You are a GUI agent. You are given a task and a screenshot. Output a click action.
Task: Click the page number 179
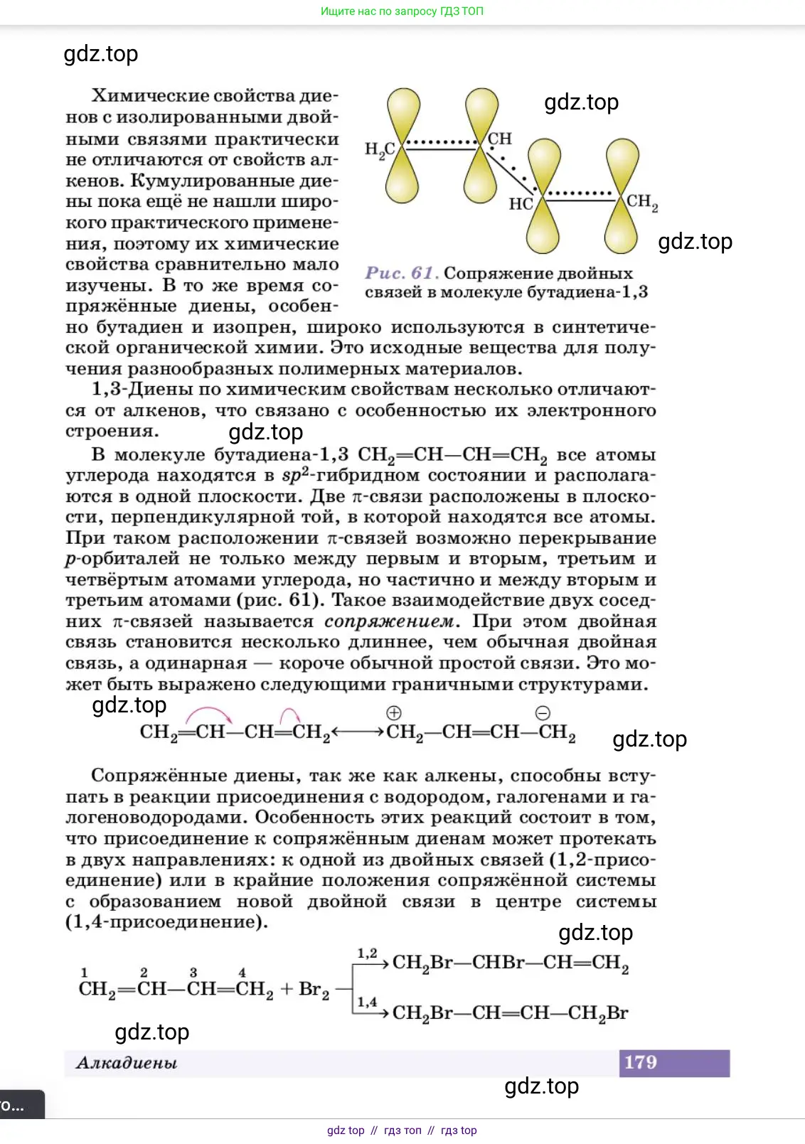[x=640, y=1062]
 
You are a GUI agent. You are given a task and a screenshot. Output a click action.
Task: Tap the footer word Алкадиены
[x=127, y=1063]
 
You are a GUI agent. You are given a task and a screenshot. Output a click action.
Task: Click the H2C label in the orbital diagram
[x=380, y=150]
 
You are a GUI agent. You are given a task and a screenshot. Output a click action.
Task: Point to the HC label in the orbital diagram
[x=521, y=204]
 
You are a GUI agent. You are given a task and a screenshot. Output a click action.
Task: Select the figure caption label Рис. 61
[x=400, y=273]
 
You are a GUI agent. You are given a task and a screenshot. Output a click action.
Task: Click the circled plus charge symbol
[x=393, y=713]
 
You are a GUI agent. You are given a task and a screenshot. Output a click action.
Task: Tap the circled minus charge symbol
[x=543, y=713]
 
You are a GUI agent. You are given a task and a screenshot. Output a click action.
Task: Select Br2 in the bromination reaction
[x=314, y=990]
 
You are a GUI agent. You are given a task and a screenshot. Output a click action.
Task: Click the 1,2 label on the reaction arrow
[x=367, y=953]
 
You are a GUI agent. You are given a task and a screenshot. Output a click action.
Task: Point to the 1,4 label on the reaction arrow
[x=367, y=1002]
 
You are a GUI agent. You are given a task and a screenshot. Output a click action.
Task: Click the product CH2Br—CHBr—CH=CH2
[x=510, y=963]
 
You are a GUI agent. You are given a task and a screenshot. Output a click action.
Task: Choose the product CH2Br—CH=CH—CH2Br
[x=510, y=1013]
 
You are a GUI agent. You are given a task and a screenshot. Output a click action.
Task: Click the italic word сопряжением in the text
[x=388, y=621]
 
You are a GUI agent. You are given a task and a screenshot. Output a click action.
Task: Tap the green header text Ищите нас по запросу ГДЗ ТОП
[x=402, y=11]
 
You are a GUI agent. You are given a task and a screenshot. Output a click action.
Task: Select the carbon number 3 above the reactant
[x=193, y=972]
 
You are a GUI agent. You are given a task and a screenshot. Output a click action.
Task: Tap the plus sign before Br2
[x=287, y=989]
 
